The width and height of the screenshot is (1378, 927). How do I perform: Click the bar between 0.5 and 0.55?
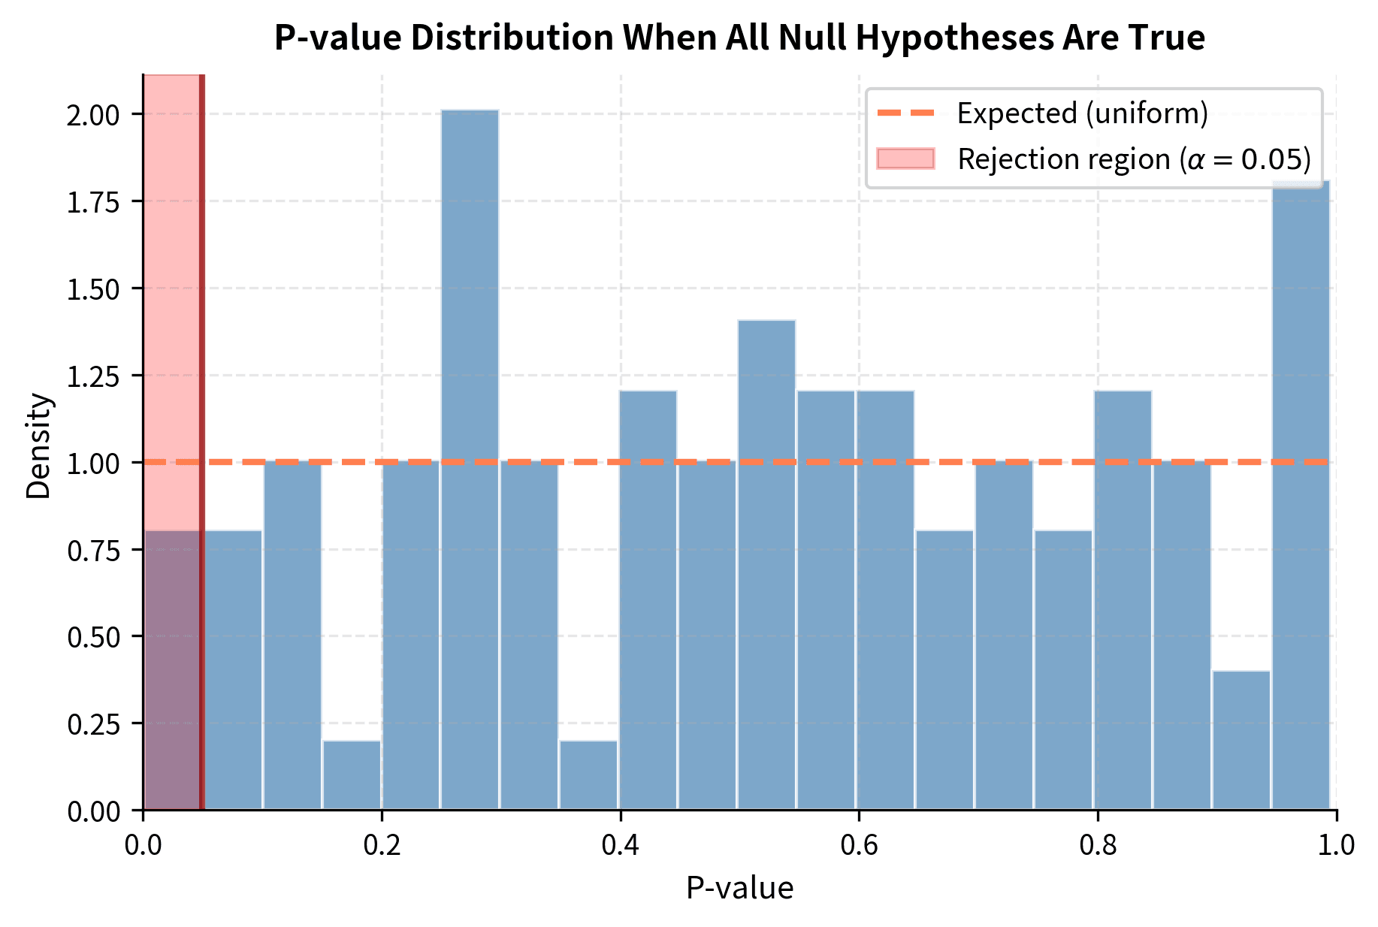[x=766, y=563]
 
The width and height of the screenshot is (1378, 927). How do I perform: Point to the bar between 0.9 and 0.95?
[x=1241, y=740]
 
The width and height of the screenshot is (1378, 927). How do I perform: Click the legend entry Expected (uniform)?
[x=1082, y=113]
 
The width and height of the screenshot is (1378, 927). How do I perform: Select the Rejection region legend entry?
[x=1134, y=159]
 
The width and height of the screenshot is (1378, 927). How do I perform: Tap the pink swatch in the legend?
[x=905, y=159]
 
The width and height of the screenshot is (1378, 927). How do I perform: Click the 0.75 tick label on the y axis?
[x=93, y=550]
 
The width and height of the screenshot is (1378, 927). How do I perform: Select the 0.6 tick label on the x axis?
[x=859, y=845]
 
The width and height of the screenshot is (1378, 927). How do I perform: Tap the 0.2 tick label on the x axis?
[x=382, y=845]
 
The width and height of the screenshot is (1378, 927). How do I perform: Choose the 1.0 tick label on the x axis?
[x=1336, y=845]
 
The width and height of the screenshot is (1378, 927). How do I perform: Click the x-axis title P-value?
[x=739, y=889]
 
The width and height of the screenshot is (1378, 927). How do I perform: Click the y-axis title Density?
[x=38, y=445]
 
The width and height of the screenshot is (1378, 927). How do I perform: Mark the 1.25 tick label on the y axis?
[x=93, y=376]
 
